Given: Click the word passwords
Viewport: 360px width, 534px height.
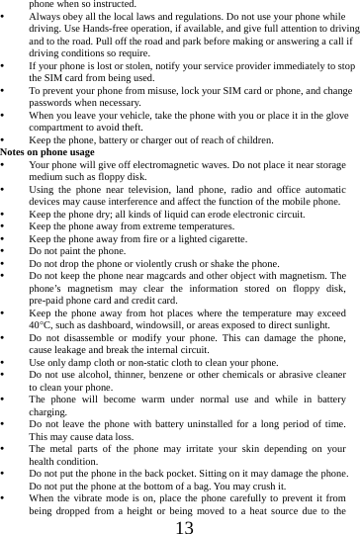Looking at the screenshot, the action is pos(51,102).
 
